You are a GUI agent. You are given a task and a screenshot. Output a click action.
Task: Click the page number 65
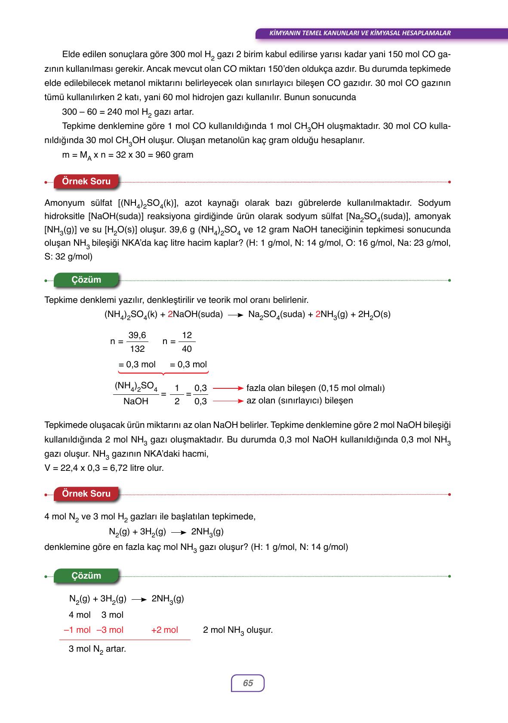[x=248, y=683]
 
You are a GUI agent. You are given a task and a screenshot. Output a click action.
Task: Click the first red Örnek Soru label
[x=86, y=181]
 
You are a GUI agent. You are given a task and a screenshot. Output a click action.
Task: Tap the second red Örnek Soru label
[x=86, y=494]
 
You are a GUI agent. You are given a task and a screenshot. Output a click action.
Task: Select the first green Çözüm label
[x=86, y=280]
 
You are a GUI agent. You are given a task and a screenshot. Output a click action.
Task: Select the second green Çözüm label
[x=86, y=576]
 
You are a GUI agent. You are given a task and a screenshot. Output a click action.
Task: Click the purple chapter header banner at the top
[x=359, y=33]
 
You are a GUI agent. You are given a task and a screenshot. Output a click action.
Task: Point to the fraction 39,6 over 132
[x=137, y=342]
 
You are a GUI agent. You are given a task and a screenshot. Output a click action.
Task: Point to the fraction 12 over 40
[x=187, y=342]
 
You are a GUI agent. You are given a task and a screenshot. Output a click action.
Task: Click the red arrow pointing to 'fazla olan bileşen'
[x=228, y=388]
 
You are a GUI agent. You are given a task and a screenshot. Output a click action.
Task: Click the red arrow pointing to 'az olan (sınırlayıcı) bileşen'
[x=228, y=401]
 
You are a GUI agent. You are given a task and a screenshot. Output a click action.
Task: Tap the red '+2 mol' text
[x=164, y=630]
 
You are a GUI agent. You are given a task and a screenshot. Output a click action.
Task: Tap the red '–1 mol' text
[x=77, y=630]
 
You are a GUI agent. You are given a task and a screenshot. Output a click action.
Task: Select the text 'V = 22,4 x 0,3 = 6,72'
[x=86, y=468]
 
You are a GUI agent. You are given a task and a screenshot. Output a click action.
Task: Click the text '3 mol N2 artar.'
[x=97, y=649]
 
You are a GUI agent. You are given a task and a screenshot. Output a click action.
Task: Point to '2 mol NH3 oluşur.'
[x=238, y=630]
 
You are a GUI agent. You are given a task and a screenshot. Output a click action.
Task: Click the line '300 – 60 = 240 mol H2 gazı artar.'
[x=128, y=112]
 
